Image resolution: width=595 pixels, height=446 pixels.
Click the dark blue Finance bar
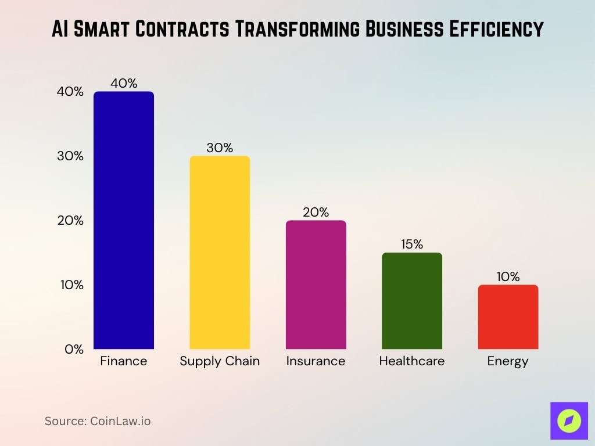click(124, 221)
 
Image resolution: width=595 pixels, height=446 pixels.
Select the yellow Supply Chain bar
click(220, 253)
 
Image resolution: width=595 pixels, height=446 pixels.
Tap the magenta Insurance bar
click(316, 285)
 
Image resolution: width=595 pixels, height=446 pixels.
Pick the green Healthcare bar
click(411, 301)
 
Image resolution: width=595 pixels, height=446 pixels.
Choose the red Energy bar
click(508, 317)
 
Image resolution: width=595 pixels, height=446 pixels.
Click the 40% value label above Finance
click(124, 84)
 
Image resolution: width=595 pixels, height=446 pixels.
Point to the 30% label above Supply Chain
click(220, 148)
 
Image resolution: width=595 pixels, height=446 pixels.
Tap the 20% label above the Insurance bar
click(316, 213)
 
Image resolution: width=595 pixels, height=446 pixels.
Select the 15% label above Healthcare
click(411, 244)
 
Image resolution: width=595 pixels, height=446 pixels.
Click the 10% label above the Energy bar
click(508, 277)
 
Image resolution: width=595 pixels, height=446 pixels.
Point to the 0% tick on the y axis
click(73, 350)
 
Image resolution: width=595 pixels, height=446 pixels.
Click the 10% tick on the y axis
click(70, 285)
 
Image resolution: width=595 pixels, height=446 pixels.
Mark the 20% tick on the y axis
click(70, 221)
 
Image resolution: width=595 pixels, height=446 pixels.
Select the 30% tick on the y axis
click(70, 156)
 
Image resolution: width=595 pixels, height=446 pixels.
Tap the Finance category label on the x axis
click(124, 361)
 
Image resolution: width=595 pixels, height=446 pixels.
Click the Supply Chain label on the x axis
click(220, 361)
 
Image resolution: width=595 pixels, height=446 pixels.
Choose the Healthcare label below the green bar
click(411, 361)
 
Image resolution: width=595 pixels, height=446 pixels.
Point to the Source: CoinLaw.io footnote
click(98, 421)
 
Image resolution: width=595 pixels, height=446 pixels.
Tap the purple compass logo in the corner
click(568, 420)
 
